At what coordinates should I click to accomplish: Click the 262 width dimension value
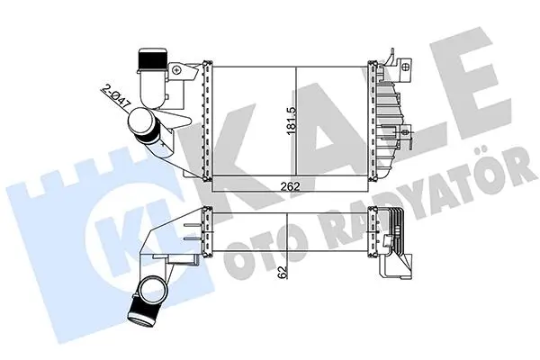(x=291, y=186)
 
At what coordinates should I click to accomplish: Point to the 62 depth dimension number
(x=283, y=272)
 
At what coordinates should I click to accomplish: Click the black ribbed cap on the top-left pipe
(x=153, y=60)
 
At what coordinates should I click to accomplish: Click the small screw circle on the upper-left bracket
(x=177, y=70)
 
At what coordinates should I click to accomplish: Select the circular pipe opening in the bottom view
(x=152, y=290)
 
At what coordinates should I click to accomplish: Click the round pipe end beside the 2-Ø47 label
(x=141, y=121)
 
